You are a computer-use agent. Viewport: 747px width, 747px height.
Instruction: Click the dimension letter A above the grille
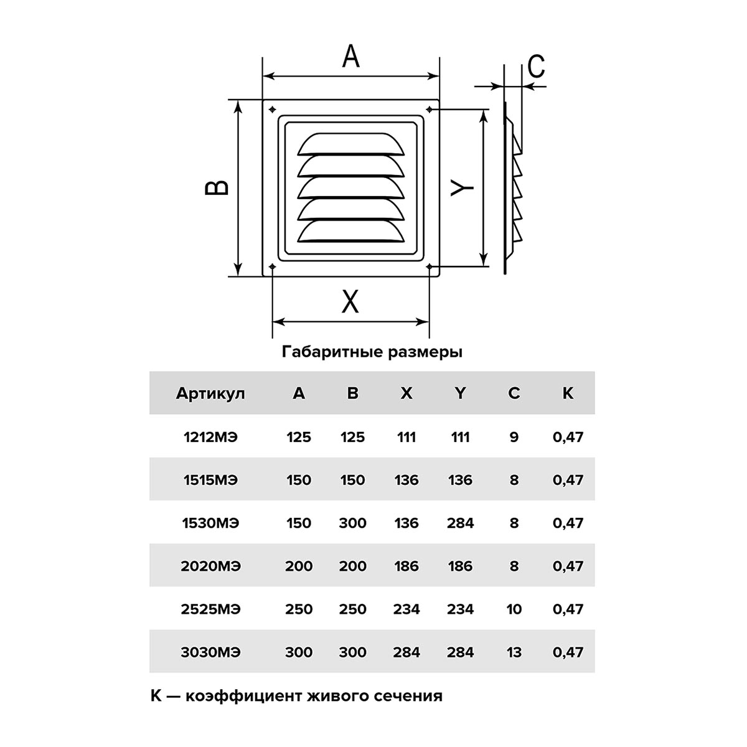pos(351,57)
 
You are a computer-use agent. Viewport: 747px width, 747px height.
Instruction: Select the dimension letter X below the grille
pos(351,303)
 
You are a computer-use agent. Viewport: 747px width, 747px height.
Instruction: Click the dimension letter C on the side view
pos(536,66)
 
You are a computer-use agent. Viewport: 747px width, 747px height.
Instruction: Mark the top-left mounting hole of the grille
pos(273,110)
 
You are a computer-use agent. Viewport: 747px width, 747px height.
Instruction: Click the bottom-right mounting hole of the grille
pos(430,267)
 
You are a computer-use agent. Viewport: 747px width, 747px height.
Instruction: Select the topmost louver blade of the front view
pos(351,144)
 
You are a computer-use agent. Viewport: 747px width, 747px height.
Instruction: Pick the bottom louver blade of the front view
pos(351,232)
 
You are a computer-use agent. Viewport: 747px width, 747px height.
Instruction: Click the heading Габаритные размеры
pos(372,352)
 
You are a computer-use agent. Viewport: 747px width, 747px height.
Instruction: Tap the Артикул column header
pos(210,393)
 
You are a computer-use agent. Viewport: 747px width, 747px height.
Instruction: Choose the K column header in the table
pos(568,393)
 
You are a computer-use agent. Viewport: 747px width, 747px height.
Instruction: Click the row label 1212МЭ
pos(210,437)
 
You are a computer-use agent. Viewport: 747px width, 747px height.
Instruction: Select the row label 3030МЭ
pos(210,652)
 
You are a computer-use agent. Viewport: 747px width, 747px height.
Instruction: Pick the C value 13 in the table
pos(514,652)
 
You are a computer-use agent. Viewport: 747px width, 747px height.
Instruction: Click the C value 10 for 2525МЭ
pos(514,609)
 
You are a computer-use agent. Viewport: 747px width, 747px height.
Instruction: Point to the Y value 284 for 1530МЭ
pos(460,523)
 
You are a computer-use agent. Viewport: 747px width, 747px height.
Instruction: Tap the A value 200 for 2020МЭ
pos(299,566)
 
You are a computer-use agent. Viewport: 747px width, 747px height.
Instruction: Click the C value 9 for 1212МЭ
pos(514,437)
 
